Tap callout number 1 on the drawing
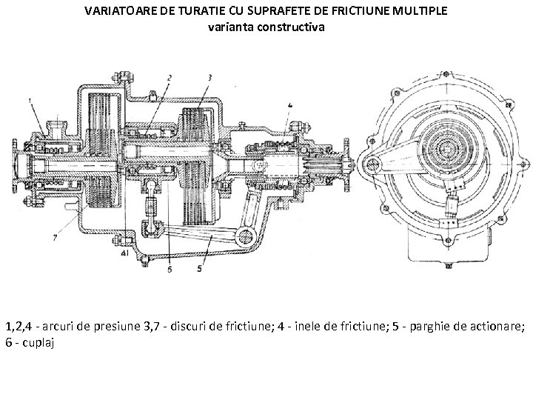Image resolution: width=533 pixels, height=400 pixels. tap(30, 99)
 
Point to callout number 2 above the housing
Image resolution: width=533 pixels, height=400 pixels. tap(170, 77)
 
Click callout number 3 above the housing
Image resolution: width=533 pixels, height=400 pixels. tap(210, 77)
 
